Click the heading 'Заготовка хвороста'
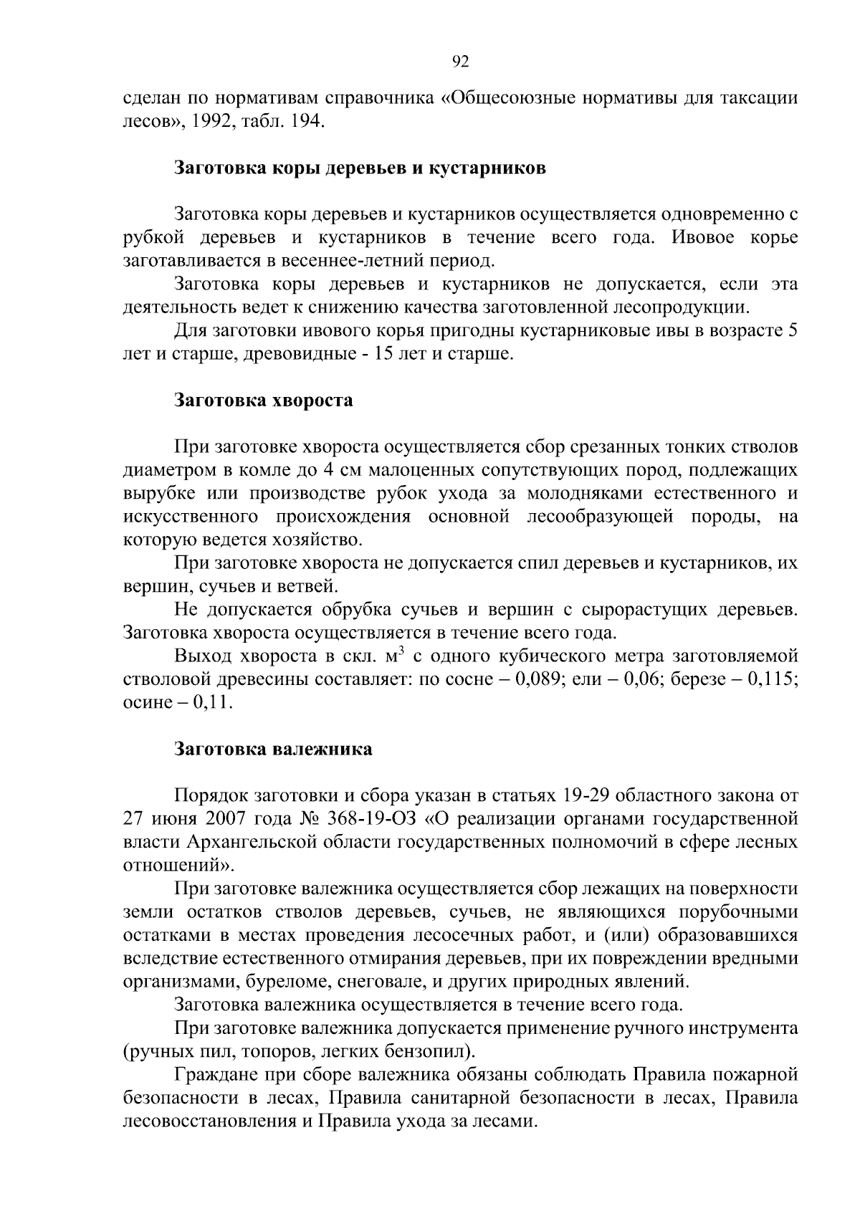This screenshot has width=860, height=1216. tap(264, 400)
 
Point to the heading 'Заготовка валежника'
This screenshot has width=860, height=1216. tap(274, 750)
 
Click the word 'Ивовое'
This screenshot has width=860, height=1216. tap(702, 238)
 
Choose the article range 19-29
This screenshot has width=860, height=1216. tap(583, 795)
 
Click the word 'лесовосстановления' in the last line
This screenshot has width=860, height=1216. tap(209, 1121)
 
